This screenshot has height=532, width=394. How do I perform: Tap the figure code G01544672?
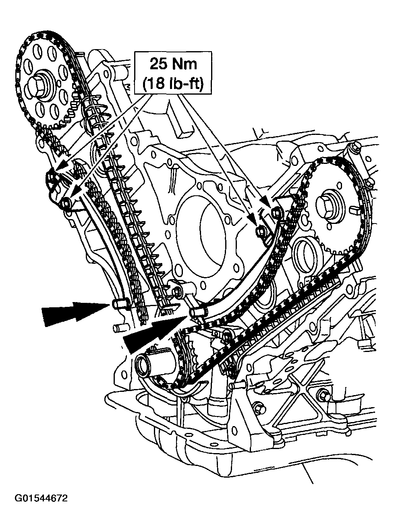(41, 499)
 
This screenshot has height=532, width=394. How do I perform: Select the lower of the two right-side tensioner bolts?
(261, 231)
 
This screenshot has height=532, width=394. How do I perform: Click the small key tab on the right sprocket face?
(354, 209)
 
